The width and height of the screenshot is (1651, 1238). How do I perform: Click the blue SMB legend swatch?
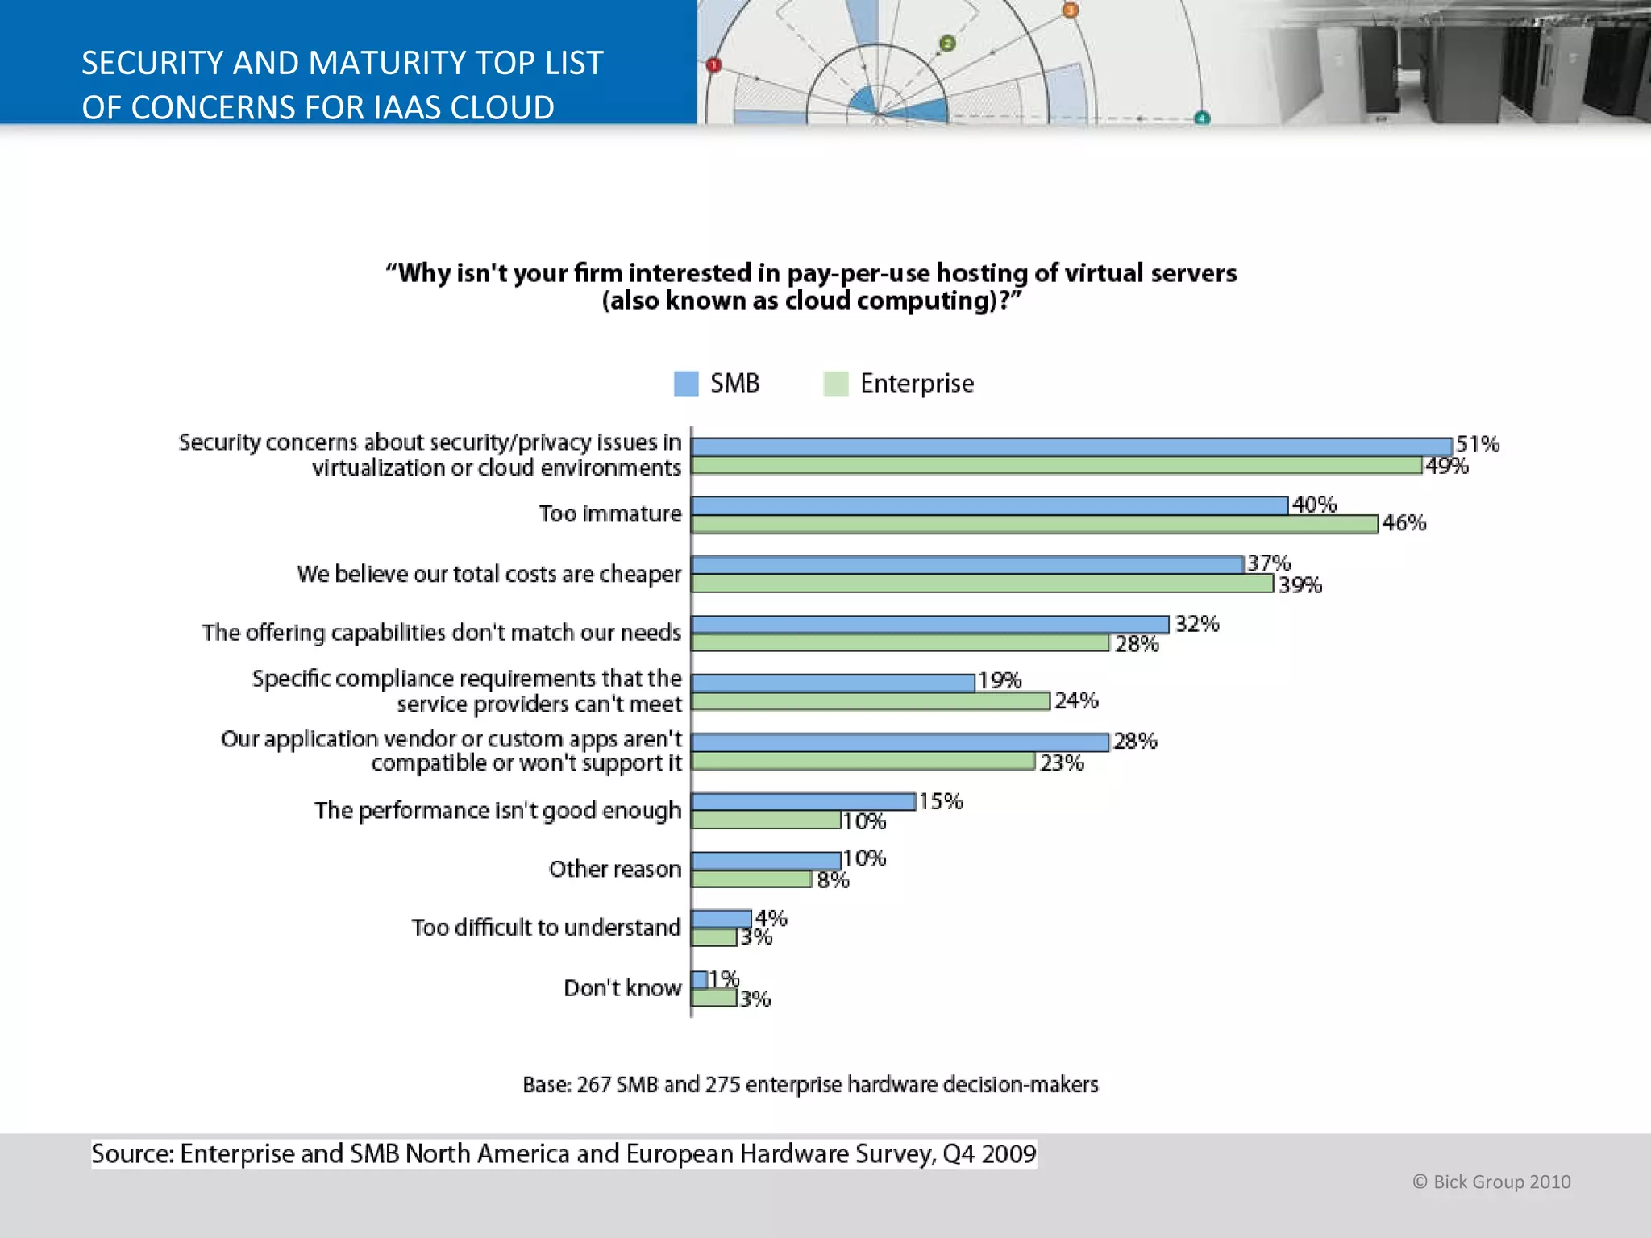coord(685,384)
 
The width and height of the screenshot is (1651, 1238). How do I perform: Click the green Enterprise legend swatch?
coord(835,384)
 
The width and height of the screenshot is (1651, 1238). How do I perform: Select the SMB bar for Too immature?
coord(989,505)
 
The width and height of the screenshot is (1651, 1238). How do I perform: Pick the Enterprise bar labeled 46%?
coord(1034,525)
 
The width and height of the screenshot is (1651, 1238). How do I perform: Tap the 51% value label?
coord(1477,444)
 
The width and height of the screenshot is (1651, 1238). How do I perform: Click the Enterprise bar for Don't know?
coord(714,998)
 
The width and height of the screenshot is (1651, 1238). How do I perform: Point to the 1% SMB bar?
coord(700,979)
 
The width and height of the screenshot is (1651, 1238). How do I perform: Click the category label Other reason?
coord(615,869)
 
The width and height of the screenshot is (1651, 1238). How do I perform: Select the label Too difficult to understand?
coord(546,928)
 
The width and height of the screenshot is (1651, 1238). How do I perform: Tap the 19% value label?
coord(1000,681)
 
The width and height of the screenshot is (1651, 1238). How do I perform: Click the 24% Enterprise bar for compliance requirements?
coord(871,702)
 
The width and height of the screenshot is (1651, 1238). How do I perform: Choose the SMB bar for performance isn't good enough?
coord(804,801)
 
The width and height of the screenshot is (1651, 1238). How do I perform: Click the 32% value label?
coord(1196,624)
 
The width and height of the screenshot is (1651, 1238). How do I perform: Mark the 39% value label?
coord(1300,585)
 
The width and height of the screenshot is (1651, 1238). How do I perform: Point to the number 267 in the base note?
coord(593,1085)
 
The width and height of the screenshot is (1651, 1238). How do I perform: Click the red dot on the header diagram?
coord(713,65)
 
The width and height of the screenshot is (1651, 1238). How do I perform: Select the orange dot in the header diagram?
coord(1069,10)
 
